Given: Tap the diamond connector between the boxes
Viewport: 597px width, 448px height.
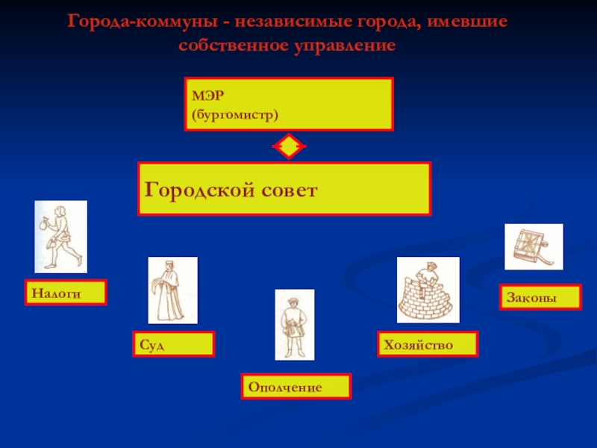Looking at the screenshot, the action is tap(288, 147).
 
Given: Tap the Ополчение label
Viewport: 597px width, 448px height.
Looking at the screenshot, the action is tap(285, 388).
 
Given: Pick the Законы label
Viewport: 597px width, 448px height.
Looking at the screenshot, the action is tap(531, 296).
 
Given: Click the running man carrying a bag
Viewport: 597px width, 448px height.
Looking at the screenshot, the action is tap(60, 236).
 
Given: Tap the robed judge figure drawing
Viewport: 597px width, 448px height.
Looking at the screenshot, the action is tap(172, 290).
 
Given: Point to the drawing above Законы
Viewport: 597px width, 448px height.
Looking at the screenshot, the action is tap(534, 246).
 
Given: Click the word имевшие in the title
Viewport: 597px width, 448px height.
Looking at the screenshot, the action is tap(469, 20).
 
